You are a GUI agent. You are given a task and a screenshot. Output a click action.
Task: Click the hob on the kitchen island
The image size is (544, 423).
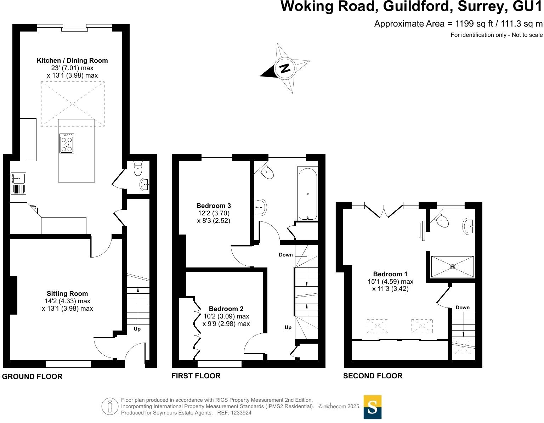pyautogui.click(x=67, y=143)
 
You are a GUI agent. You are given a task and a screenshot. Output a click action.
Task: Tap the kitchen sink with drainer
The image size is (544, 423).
pyautogui.click(x=18, y=184)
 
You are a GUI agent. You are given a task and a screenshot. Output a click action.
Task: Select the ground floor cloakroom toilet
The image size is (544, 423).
pyautogui.click(x=138, y=169)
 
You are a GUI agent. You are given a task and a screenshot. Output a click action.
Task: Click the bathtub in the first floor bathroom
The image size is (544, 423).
pyautogui.click(x=307, y=194)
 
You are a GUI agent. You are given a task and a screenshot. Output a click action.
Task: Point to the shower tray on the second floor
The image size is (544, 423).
pyautogui.click(x=452, y=266)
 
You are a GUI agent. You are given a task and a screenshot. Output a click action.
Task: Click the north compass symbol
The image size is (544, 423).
pyautogui.click(x=285, y=68)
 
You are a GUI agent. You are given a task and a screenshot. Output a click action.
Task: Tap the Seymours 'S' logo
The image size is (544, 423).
pyautogui.click(x=373, y=407)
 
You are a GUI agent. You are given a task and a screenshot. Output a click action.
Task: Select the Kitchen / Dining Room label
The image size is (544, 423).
pyautogui.click(x=72, y=61)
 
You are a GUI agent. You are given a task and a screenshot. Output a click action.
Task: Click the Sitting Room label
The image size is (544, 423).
pyautogui.click(x=67, y=293)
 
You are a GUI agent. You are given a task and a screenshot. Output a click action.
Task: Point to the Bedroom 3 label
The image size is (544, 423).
pyautogui.click(x=214, y=205)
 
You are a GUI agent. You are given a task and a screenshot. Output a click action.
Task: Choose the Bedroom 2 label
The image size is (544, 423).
pyautogui.click(x=226, y=309)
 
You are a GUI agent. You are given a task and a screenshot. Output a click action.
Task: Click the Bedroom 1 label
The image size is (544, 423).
pyautogui.click(x=390, y=274)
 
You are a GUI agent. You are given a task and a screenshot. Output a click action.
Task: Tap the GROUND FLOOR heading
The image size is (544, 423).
pyautogui.click(x=32, y=377)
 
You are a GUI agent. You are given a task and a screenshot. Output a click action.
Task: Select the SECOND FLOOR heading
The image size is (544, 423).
pyautogui.click(x=373, y=376)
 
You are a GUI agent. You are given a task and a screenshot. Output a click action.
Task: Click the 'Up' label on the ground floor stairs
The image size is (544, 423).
pyautogui.click(x=137, y=329)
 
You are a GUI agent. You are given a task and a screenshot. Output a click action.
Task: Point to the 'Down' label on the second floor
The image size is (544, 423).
pyautogui.click(x=463, y=308)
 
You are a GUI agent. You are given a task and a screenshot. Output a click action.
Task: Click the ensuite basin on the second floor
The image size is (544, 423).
pyautogui.click(x=469, y=226)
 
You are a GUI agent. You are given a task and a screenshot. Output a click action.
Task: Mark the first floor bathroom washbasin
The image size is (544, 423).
pyautogui.click(x=260, y=207)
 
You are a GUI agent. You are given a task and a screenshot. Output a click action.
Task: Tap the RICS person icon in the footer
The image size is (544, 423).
pyautogui.click(x=110, y=406)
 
